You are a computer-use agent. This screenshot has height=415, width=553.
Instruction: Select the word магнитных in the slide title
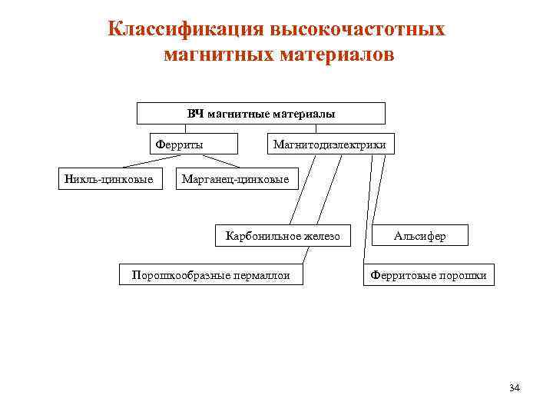coord(207,56)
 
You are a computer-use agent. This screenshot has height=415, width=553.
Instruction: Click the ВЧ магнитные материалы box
coord(261,114)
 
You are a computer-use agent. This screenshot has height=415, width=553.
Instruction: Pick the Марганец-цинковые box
coord(235,180)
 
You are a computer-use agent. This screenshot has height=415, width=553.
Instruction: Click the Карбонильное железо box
coord(282,236)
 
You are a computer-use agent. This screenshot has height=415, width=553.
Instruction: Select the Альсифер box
coord(419,236)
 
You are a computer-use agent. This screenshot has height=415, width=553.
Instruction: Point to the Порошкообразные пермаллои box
coord(211,274)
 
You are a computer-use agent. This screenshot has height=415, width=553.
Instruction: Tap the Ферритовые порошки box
coord(429,274)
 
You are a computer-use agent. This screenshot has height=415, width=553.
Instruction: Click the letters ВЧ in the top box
coord(196,114)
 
